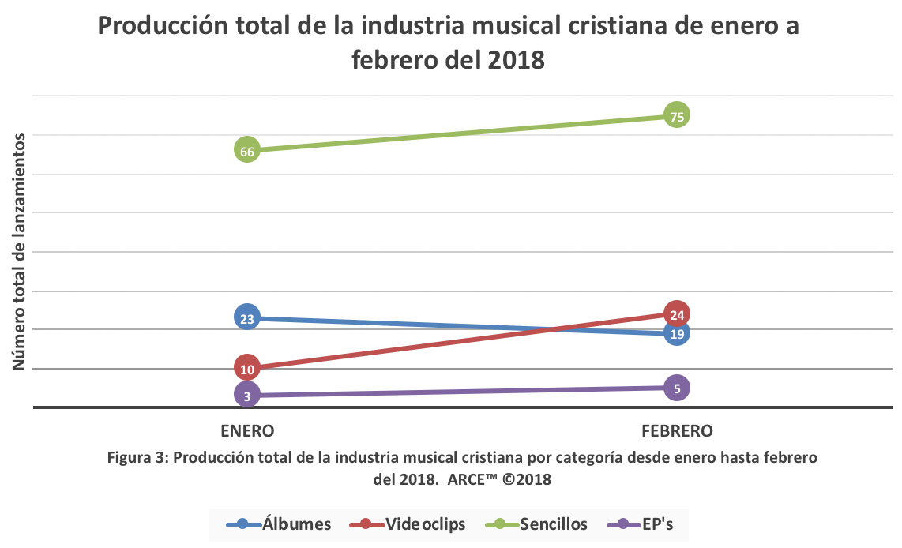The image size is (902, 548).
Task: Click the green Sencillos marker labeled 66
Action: coord(247,150)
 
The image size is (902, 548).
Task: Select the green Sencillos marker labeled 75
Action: coord(676,114)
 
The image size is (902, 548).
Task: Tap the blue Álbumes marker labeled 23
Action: coord(247,318)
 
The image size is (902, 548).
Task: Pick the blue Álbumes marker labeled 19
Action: coord(676,333)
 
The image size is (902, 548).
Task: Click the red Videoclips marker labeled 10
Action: coord(247,368)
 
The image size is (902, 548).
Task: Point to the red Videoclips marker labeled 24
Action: coord(676,313)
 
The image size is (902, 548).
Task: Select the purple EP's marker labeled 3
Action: coord(247,396)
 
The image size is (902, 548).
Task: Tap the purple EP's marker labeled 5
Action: coord(676,387)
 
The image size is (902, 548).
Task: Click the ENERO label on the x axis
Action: coord(247,431)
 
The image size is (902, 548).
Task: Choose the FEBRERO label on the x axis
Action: coord(677,431)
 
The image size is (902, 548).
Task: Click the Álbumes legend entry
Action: coord(278,524)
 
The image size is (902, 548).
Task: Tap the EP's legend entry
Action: coord(641,524)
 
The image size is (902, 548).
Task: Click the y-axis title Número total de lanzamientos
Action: coord(21,251)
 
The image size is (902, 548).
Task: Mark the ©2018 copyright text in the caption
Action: coord(524,479)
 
